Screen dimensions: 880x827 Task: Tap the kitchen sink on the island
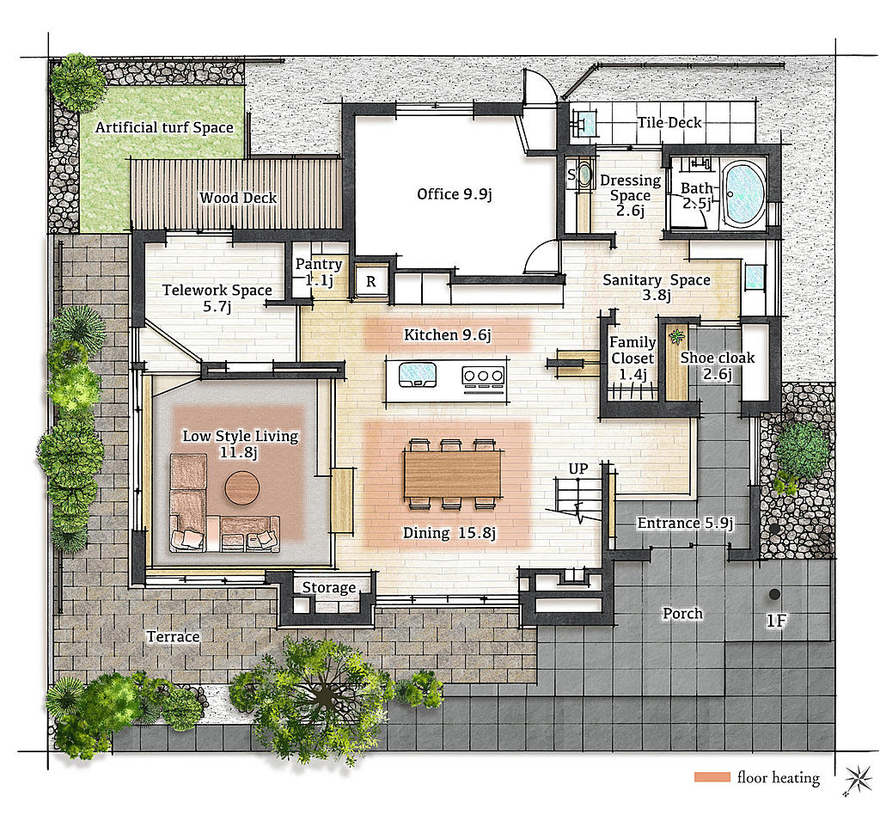pyautogui.click(x=418, y=375)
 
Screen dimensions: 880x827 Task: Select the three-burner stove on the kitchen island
pyautogui.click(x=483, y=376)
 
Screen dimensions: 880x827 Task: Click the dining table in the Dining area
pyautogui.click(x=452, y=475)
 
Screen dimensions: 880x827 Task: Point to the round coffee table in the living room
pyautogui.click(x=241, y=487)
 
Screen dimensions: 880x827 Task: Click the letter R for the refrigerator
pyautogui.click(x=371, y=281)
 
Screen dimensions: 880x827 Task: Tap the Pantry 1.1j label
pyautogui.click(x=319, y=272)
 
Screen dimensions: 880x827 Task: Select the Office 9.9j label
pyautogui.click(x=455, y=194)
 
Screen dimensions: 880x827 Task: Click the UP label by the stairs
pyautogui.click(x=578, y=469)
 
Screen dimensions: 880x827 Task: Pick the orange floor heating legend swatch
pyautogui.click(x=712, y=777)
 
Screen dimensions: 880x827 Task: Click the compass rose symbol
pyautogui.click(x=859, y=780)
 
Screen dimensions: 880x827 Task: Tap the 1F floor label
pyautogui.click(x=777, y=621)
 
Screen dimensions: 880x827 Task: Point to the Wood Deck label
pyautogui.click(x=238, y=198)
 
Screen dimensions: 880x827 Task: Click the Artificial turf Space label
pyautogui.click(x=164, y=127)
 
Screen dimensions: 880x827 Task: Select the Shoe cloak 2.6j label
pyautogui.click(x=718, y=365)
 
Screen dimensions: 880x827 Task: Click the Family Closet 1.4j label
pyautogui.click(x=632, y=358)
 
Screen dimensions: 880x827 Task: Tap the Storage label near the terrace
pyautogui.click(x=329, y=588)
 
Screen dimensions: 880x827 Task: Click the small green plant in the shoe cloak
pyautogui.click(x=677, y=337)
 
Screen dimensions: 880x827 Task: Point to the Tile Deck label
pyautogui.click(x=669, y=122)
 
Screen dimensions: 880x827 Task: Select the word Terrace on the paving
pyautogui.click(x=174, y=637)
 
